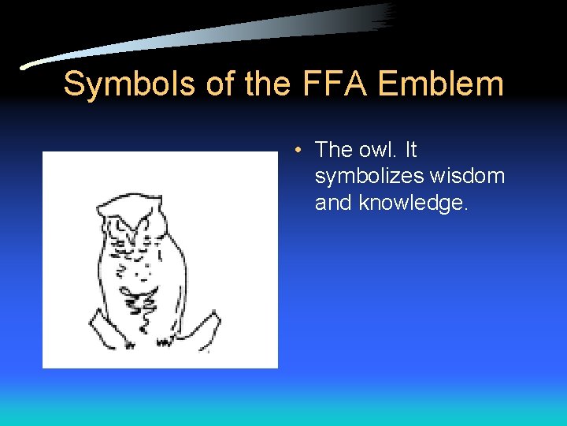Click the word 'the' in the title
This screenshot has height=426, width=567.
(268, 84)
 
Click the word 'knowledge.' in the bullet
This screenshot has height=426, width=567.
(413, 203)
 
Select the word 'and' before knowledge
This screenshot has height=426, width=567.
(333, 203)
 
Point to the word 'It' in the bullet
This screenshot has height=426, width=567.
(410, 149)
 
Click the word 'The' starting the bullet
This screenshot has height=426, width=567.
(333, 149)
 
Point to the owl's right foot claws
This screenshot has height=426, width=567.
(166, 340)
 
